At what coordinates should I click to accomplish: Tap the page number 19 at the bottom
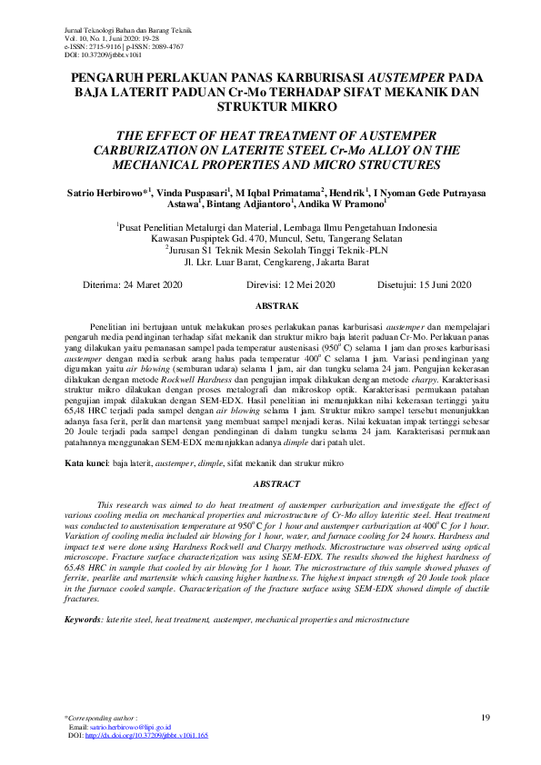click(x=485, y=719)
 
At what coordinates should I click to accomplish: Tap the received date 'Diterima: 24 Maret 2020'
click(x=133, y=284)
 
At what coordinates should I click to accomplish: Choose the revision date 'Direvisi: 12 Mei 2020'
click(x=290, y=284)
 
